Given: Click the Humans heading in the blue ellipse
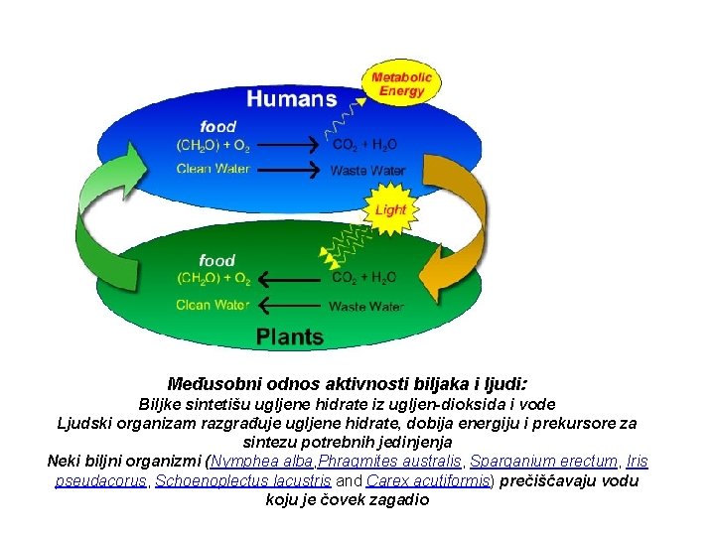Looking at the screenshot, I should coord(291,98).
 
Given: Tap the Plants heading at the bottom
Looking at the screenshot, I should coord(290,336).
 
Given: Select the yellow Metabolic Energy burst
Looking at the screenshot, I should coord(402,84).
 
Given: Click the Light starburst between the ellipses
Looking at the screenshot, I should coord(390,210).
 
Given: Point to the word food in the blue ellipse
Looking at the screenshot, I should coord(217,126).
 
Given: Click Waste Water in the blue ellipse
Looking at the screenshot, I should coord(367,171).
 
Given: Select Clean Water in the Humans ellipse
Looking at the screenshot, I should coord(213,169).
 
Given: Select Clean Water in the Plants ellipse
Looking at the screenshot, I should coord(213,304).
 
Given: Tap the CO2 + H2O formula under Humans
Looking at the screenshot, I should coord(364,145).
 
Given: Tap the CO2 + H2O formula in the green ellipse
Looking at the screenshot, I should coord(364,278).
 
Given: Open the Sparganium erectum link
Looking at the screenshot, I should coord(543,462).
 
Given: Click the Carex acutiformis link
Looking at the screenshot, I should coord(429,480).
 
